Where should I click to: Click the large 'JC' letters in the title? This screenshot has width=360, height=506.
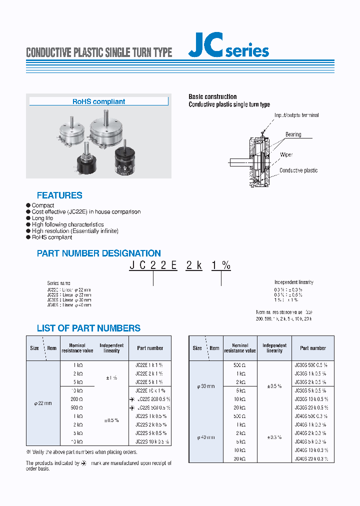coord(205,48)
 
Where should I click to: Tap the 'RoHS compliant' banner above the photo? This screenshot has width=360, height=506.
coord(98,101)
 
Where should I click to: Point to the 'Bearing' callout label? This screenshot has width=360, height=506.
coord(293,134)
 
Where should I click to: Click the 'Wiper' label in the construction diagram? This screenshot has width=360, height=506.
coord(286,155)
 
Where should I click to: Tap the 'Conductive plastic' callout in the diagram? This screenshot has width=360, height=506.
coord(298,170)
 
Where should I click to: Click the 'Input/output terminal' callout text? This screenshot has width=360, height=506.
coord(296,115)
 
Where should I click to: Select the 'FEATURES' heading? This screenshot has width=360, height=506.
coord(59,195)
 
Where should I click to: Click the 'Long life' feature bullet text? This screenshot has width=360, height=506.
coord(42,218)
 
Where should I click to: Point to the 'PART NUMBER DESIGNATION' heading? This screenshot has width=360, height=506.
coord(99,253)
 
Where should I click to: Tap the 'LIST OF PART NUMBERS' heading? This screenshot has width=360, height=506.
coord(88,328)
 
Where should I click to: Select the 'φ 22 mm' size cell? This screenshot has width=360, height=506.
coord(42,403)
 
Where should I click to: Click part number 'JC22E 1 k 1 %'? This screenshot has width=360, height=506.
coord(149,365)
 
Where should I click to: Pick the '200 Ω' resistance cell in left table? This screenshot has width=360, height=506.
coord(77,399)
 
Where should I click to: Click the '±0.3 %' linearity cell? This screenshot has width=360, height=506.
coord(274,437)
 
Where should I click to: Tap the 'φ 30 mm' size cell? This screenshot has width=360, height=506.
coord(205,386)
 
